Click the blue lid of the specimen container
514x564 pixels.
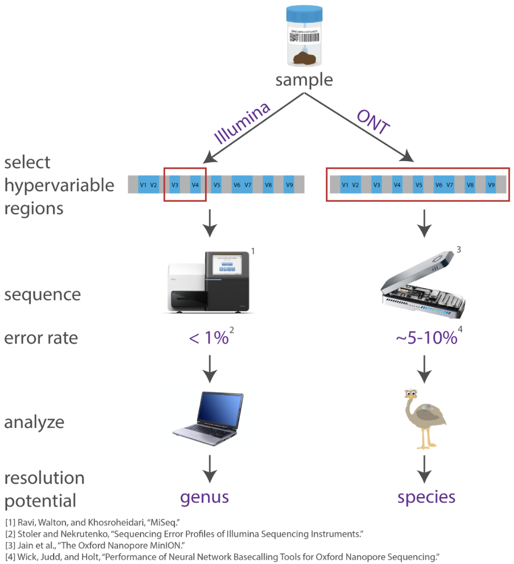tap(304, 14)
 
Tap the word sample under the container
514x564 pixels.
tap(304, 80)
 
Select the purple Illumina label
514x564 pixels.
tap(242, 123)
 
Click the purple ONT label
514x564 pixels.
tap(373, 122)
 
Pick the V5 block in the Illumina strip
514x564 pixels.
tap(217, 185)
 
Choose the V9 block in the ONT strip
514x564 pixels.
tap(491, 185)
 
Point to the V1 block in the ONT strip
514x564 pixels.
tap(345, 185)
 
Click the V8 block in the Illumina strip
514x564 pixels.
tap(268, 185)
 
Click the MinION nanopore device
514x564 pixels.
tap(423, 284)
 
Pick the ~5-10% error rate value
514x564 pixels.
tap(426, 338)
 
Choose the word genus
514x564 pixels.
tap(204, 497)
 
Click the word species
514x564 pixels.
tap(426, 497)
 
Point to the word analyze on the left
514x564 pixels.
tap(34, 422)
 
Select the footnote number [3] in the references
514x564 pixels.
tap(10, 545)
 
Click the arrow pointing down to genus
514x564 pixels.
tap(210, 468)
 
